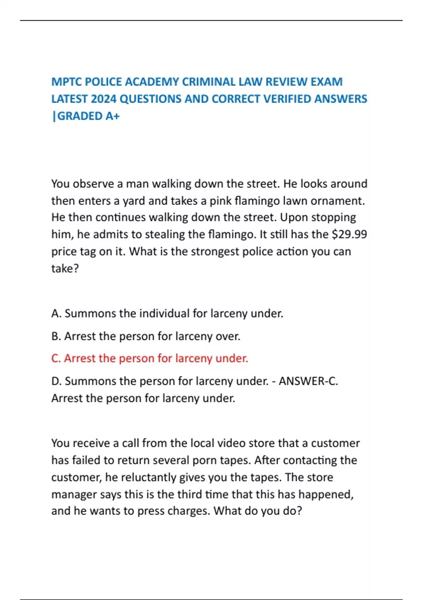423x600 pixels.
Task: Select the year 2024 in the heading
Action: coord(103,99)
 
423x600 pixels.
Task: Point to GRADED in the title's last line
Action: coord(80,116)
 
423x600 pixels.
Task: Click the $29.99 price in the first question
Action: coord(349,234)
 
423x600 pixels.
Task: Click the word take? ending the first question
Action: coord(65,269)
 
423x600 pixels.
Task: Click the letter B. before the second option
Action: coord(56,336)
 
